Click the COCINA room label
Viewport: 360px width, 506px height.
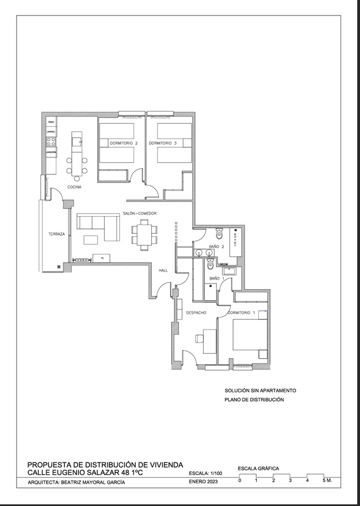tap(75, 187)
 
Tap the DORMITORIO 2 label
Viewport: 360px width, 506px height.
tap(124, 143)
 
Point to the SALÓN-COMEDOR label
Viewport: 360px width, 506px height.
tap(140, 214)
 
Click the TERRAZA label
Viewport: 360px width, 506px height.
tap(56, 234)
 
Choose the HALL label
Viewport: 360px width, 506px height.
tap(163, 270)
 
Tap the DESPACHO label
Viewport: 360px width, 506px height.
tap(196, 313)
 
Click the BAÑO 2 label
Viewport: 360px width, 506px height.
tap(216, 247)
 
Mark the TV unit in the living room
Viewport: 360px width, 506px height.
tap(102, 258)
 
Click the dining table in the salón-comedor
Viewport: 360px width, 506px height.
tap(145, 235)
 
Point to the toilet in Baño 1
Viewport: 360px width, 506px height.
tap(209, 265)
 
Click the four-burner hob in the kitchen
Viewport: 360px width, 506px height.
tap(51, 141)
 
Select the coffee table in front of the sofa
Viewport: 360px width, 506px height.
tap(91, 239)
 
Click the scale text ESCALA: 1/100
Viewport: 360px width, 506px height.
tap(206, 473)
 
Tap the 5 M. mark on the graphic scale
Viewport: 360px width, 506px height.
tap(327, 481)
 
